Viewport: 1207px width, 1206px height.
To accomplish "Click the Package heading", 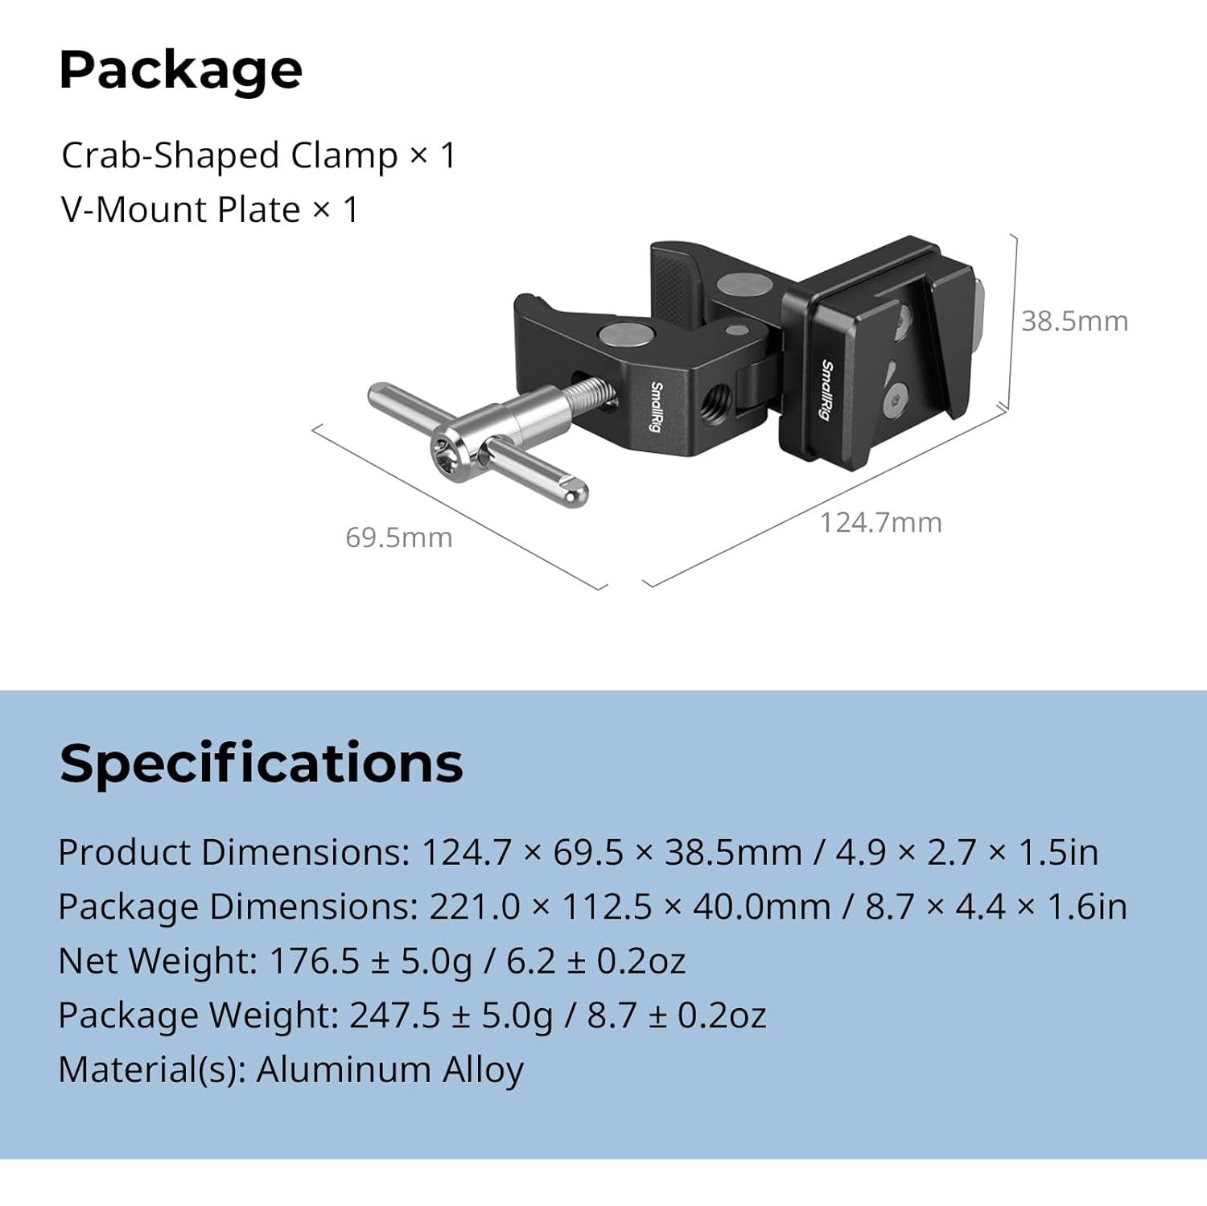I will [180, 71].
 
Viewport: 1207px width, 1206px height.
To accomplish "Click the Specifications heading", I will [261, 763].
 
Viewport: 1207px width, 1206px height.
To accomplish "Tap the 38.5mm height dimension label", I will [1074, 322].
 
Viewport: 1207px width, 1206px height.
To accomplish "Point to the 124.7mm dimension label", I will [880, 523].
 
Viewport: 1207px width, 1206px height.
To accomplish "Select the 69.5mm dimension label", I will [398, 538].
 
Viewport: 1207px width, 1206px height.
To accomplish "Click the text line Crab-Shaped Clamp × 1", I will [258, 155].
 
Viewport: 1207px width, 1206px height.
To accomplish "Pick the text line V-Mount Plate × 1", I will [209, 210].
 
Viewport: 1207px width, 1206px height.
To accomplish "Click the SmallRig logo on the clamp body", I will [657, 406].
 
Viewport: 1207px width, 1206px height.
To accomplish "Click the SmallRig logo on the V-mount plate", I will [826, 389].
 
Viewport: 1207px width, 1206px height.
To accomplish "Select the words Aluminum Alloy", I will [390, 1070].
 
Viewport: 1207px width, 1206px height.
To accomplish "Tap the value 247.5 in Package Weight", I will [395, 1015].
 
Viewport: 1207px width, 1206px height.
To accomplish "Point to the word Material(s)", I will [151, 1070].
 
